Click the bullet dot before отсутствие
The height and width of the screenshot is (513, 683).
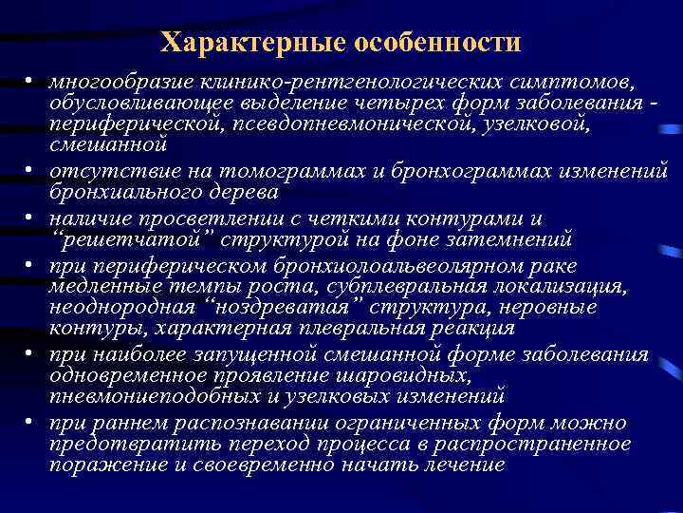[x=31, y=171]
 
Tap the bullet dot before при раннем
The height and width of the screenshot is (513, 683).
[x=31, y=424]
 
